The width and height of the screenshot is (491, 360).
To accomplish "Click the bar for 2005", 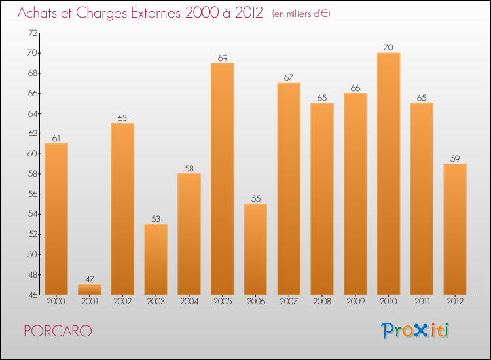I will click(x=222, y=178).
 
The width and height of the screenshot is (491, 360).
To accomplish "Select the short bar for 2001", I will click(x=90, y=289).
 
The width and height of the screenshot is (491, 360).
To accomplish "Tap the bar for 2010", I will click(x=388, y=173).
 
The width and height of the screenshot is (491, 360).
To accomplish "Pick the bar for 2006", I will click(x=255, y=249).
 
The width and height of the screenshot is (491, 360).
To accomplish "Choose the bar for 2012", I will click(x=454, y=228).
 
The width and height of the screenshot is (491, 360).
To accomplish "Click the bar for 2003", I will click(x=156, y=259).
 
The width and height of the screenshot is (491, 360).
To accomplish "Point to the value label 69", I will click(x=222, y=58).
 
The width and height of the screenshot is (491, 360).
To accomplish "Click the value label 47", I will click(x=90, y=279).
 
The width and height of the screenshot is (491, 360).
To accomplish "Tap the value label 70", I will click(x=388, y=48).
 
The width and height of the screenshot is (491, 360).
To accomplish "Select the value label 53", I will click(x=156, y=219).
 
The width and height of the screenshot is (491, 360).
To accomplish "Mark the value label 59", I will click(x=454, y=158).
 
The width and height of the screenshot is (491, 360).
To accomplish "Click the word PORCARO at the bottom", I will click(x=57, y=331).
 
